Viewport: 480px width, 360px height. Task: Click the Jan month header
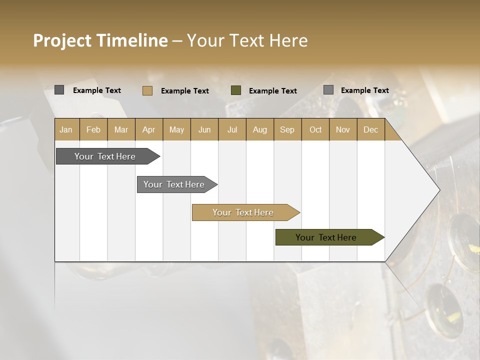click(x=66, y=129)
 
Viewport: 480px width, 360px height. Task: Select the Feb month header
click(x=93, y=129)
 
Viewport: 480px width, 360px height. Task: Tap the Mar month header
click(x=121, y=129)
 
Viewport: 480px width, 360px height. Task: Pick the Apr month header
click(x=149, y=129)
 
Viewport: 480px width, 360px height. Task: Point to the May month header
click(x=176, y=129)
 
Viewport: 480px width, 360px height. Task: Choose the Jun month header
click(x=204, y=129)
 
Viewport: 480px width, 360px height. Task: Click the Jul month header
click(x=232, y=129)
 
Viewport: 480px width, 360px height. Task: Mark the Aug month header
click(x=260, y=129)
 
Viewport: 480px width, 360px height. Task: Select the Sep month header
click(x=287, y=129)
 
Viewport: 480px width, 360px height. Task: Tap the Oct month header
click(x=315, y=129)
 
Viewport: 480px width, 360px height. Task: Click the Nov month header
click(x=343, y=129)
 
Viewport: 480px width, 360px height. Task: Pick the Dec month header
click(x=371, y=129)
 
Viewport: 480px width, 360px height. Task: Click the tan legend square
click(x=147, y=90)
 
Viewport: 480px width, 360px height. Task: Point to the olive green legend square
click(x=236, y=90)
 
